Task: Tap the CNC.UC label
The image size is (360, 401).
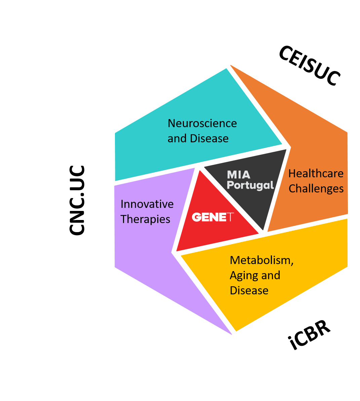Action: click(x=77, y=200)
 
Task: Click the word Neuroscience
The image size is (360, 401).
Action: click(x=202, y=123)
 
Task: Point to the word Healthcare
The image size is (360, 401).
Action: click(x=316, y=174)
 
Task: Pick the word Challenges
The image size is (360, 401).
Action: click(x=316, y=189)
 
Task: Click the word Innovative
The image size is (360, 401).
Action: click(x=147, y=204)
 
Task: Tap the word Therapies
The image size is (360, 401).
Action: click(x=145, y=219)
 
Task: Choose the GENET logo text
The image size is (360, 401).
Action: click(x=212, y=217)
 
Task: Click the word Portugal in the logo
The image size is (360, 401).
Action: click(x=250, y=185)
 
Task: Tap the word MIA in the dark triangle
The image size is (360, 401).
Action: click(x=239, y=175)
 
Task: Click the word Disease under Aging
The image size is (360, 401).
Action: click(x=249, y=291)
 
